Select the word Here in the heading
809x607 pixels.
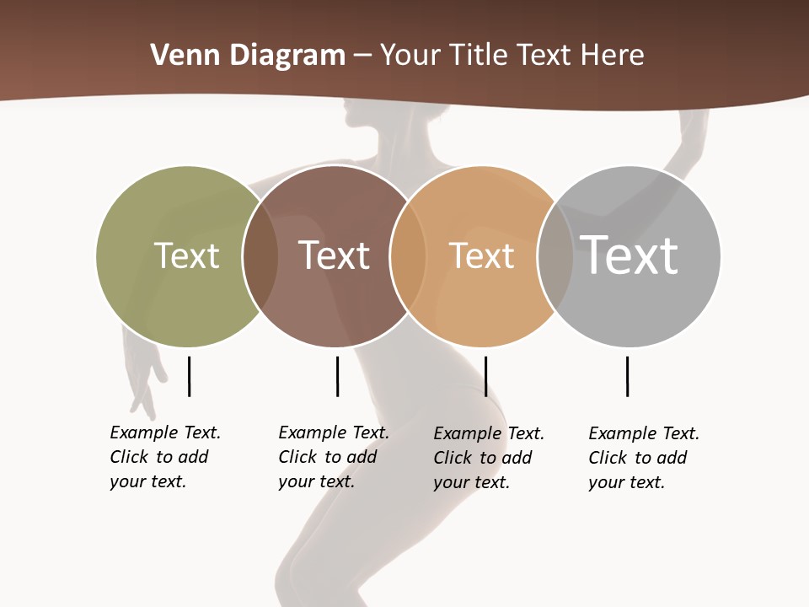tap(613, 56)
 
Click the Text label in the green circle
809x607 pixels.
tap(186, 255)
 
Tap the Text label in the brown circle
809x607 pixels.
tap(335, 255)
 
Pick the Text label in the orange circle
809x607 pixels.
tap(481, 256)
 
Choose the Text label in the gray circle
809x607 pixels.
tap(630, 255)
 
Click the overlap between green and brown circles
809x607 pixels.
tap(260, 256)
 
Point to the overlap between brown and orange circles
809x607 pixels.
tap(408, 256)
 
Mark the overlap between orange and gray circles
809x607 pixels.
tap(555, 256)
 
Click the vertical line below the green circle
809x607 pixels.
tap(190, 376)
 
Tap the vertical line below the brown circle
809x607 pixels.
tap(337, 376)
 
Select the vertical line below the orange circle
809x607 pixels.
tap(485, 376)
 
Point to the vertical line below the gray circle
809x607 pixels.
tap(627, 376)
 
